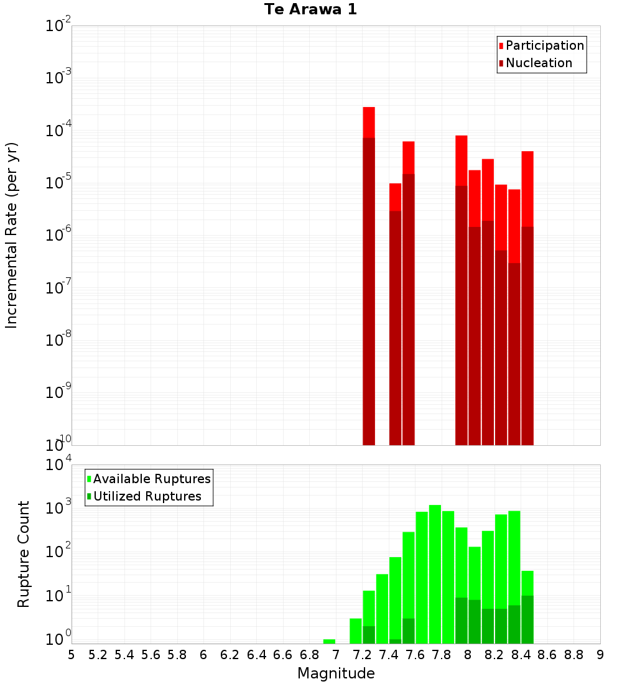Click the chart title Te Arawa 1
[x=310, y=10]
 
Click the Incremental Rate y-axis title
[x=12, y=235]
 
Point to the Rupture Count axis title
[x=24, y=553]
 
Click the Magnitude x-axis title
[x=336, y=673]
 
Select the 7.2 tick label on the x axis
[x=362, y=655]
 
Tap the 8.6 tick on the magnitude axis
[x=547, y=655]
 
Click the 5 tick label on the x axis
[x=72, y=655]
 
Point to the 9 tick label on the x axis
[x=600, y=655]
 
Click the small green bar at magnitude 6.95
[x=330, y=641]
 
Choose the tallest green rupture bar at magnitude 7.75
[x=435, y=572]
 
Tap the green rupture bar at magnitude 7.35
[x=382, y=609]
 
